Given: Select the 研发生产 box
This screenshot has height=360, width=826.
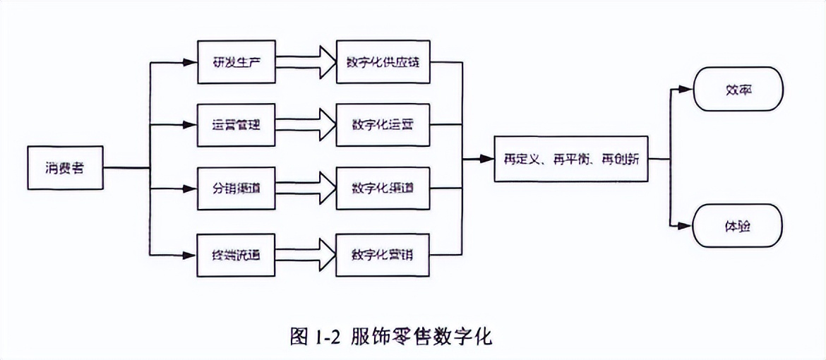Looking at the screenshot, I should point(236,62).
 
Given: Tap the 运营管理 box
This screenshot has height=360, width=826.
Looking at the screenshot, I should point(236,126).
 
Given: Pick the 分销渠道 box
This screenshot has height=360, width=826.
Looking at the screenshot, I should point(236,188).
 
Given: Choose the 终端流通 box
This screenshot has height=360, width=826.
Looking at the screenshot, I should point(236,252).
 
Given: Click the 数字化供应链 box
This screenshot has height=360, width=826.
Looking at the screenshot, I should point(383,62).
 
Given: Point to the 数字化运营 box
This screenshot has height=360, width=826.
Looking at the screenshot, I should point(383,126).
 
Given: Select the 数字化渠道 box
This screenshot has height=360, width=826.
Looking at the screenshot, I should point(383,188).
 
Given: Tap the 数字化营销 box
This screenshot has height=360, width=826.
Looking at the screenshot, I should point(383,252).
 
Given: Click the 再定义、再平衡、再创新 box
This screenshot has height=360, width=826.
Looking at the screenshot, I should point(571,159).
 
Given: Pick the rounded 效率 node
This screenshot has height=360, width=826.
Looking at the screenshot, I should point(738,90).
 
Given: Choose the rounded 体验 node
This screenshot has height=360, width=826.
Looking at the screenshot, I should point(738,226).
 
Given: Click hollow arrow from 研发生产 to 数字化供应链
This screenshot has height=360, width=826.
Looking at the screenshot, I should point(306,62).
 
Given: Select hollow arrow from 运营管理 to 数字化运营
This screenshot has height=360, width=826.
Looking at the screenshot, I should point(306,126).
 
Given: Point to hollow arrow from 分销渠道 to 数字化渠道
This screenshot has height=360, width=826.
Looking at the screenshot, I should point(306,188).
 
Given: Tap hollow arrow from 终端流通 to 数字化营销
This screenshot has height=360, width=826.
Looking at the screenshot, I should point(306,252).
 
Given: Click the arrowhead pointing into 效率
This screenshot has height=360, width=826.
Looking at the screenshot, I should point(686,90).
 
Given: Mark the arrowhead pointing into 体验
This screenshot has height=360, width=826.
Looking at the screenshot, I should point(686,226).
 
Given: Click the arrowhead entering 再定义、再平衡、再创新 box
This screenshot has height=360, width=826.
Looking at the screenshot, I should point(486,159).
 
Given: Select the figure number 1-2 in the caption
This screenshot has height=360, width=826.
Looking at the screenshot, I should point(326,336).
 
